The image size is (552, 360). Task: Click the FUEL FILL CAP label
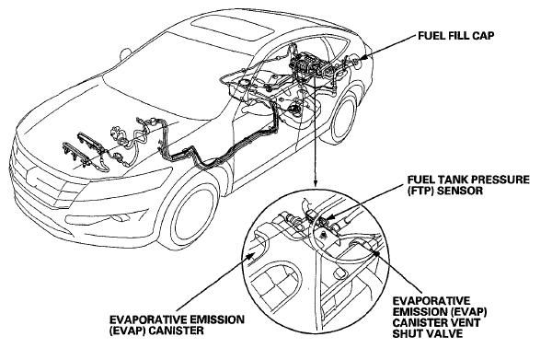coord(456,36)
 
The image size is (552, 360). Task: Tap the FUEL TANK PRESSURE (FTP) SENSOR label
coord(468,185)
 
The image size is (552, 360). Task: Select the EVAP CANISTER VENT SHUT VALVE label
coord(440,317)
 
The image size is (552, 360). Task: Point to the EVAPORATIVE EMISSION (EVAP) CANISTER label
coord(177,325)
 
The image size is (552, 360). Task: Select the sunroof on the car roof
coord(233,29)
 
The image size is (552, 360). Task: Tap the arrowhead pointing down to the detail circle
coord(315,182)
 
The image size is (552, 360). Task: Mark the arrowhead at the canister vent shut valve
coord(376,250)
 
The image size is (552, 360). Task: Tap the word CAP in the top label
coord(482,36)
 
